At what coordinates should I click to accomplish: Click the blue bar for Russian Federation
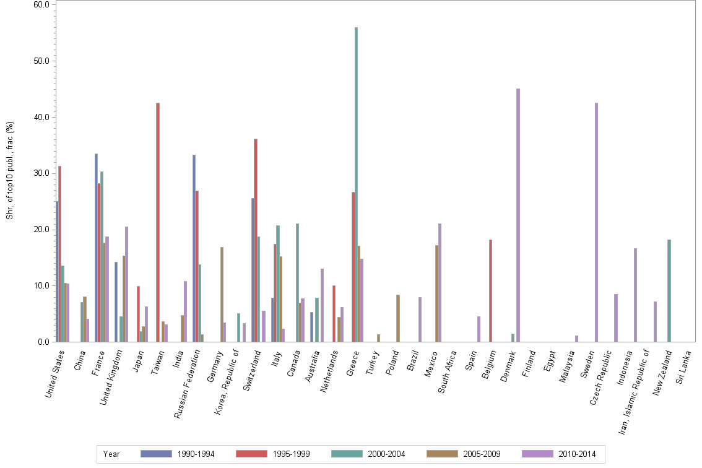(x=194, y=248)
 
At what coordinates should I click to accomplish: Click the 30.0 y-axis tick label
(x=41, y=173)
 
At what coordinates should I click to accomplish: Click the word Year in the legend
(x=111, y=454)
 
